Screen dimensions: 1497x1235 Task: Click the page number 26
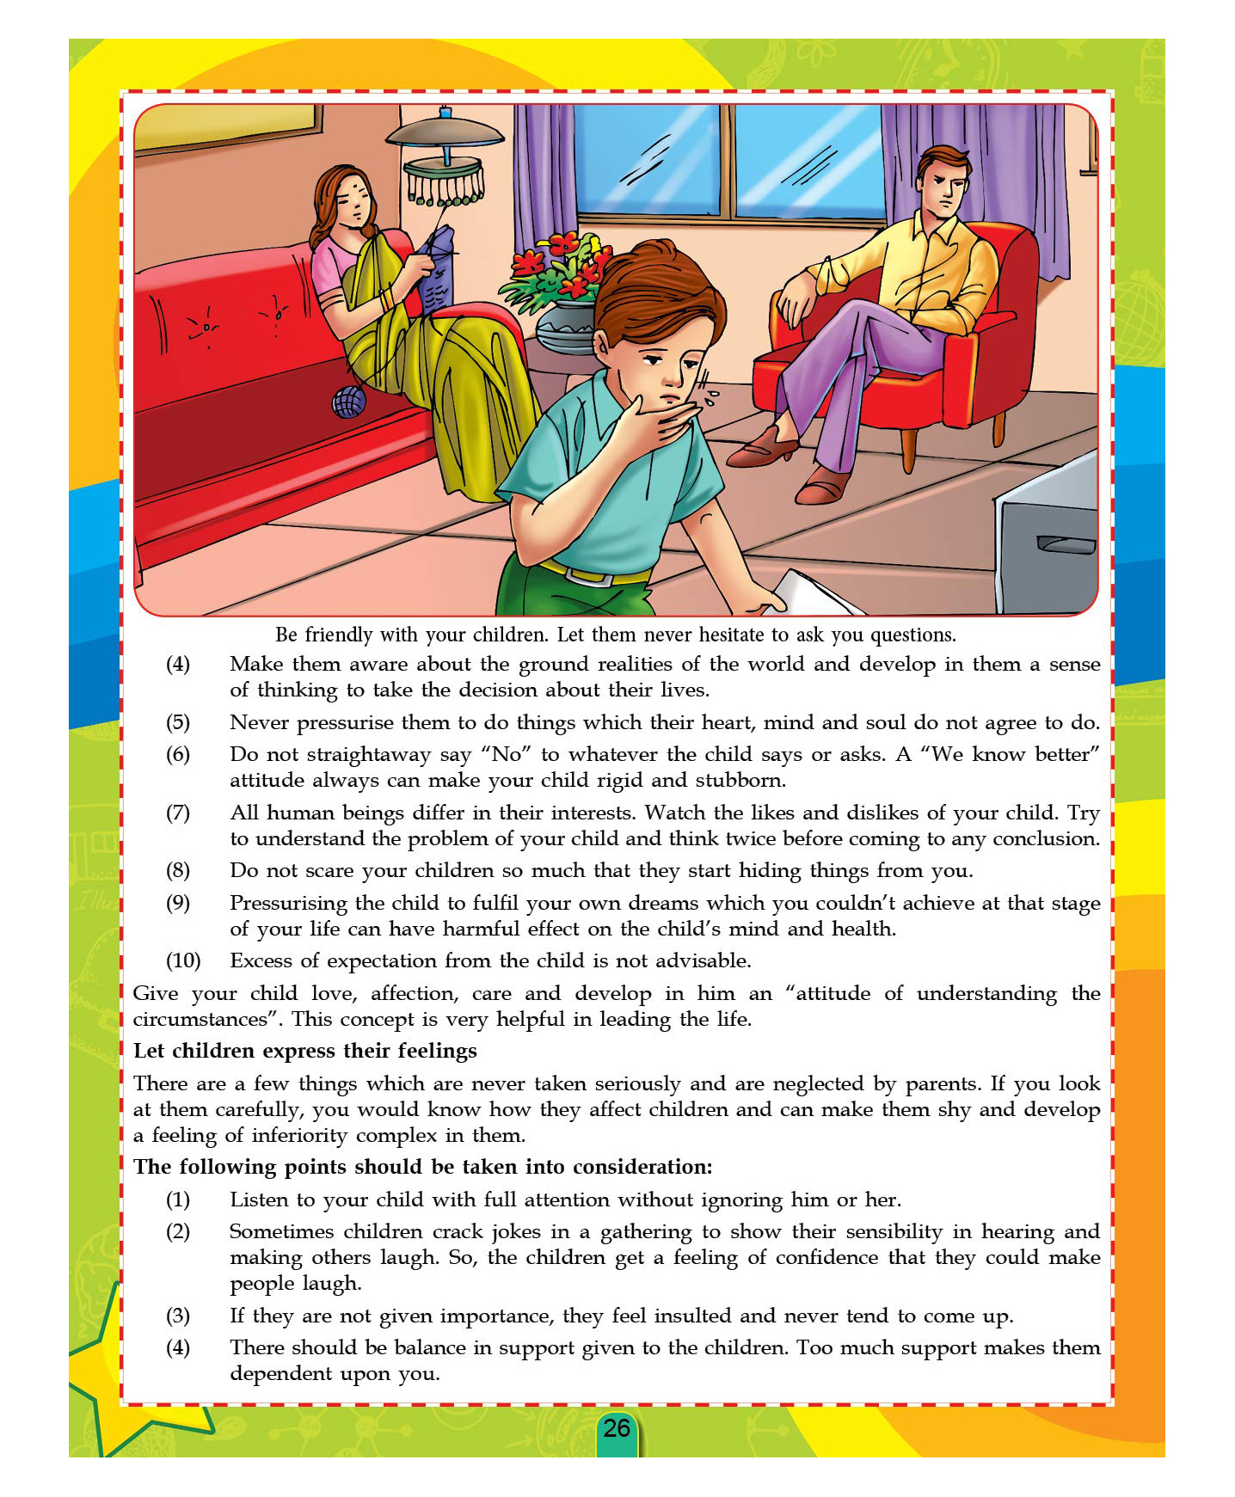point(617,1428)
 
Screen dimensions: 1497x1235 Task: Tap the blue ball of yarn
point(348,402)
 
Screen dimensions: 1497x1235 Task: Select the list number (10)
point(182,960)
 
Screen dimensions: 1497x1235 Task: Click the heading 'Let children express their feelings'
point(305,1051)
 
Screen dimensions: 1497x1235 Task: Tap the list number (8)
point(178,870)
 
